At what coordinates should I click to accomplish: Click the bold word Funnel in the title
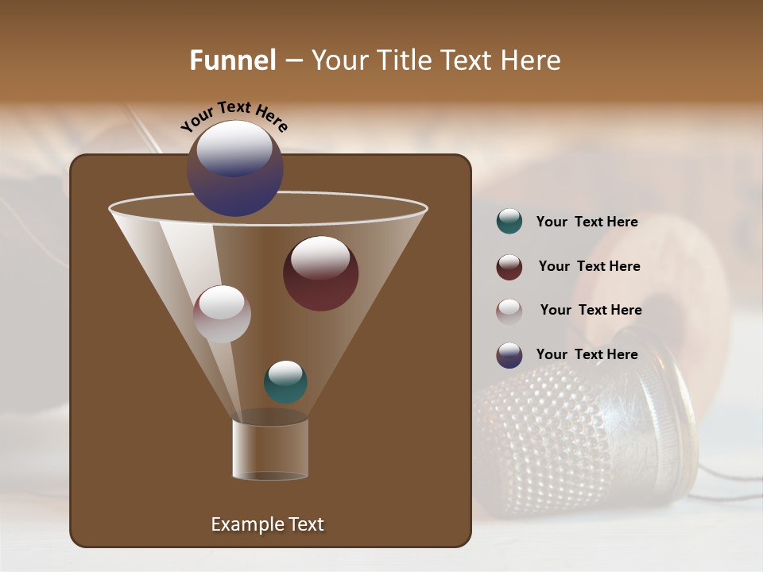pyautogui.click(x=233, y=60)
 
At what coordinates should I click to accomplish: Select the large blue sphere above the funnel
pyautogui.click(x=235, y=168)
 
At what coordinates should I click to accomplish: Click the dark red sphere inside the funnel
pyautogui.click(x=321, y=273)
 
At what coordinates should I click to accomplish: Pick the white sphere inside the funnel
pyautogui.click(x=222, y=314)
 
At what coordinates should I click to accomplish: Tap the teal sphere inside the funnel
pyautogui.click(x=285, y=382)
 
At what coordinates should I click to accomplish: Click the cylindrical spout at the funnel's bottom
pyautogui.click(x=270, y=450)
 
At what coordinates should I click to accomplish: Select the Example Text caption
pyautogui.click(x=267, y=524)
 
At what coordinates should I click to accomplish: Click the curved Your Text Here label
pyautogui.click(x=234, y=116)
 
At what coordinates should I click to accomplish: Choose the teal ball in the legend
pyautogui.click(x=509, y=222)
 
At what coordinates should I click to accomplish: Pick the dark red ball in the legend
pyautogui.click(x=509, y=267)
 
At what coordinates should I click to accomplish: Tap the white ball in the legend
pyautogui.click(x=509, y=311)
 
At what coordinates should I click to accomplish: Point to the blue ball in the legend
pyautogui.click(x=509, y=355)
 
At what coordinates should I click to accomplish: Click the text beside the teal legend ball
pyautogui.click(x=587, y=222)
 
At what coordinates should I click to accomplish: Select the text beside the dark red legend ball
pyautogui.click(x=589, y=266)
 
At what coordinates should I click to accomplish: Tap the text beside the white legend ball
pyautogui.click(x=591, y=310)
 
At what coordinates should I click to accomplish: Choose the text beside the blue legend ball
pyautogui.click(x=587, y=354)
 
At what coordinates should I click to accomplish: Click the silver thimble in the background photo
pyautogui.click(x=588, y=429)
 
